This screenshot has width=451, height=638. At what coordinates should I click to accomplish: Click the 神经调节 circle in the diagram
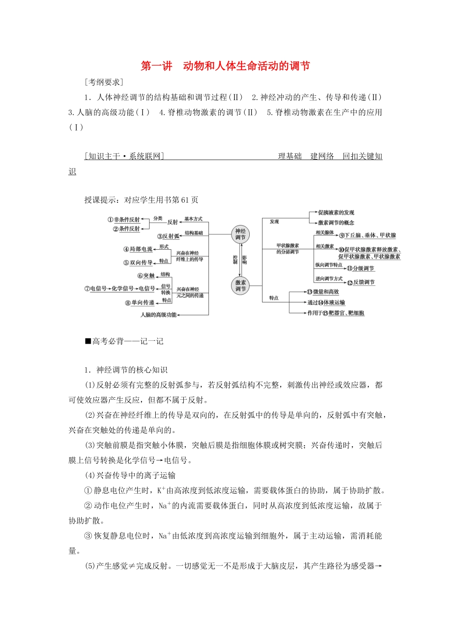pos(241,234)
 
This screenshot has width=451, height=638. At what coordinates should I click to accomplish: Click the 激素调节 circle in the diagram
pos(241,285)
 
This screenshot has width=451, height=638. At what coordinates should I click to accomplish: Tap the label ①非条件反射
pos(124,219)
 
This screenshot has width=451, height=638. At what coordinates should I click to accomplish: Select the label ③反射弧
pos(169,236)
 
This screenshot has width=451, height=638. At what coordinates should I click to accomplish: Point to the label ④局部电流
pos(138,249)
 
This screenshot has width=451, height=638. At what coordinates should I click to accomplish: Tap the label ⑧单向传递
pos(140,302)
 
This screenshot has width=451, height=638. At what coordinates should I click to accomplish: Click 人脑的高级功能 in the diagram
pos(159,314)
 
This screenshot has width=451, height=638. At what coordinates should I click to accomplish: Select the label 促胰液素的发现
pos(336,213)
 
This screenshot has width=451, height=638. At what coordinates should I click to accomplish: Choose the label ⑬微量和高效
pos(323,292)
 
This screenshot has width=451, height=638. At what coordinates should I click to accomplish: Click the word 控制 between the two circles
pos(235,260)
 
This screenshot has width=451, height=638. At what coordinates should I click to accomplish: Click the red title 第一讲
pos(157,66)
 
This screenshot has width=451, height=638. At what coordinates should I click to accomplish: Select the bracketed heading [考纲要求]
pos(104,82)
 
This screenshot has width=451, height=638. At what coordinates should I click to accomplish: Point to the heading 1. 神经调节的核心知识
pos(125,370)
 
